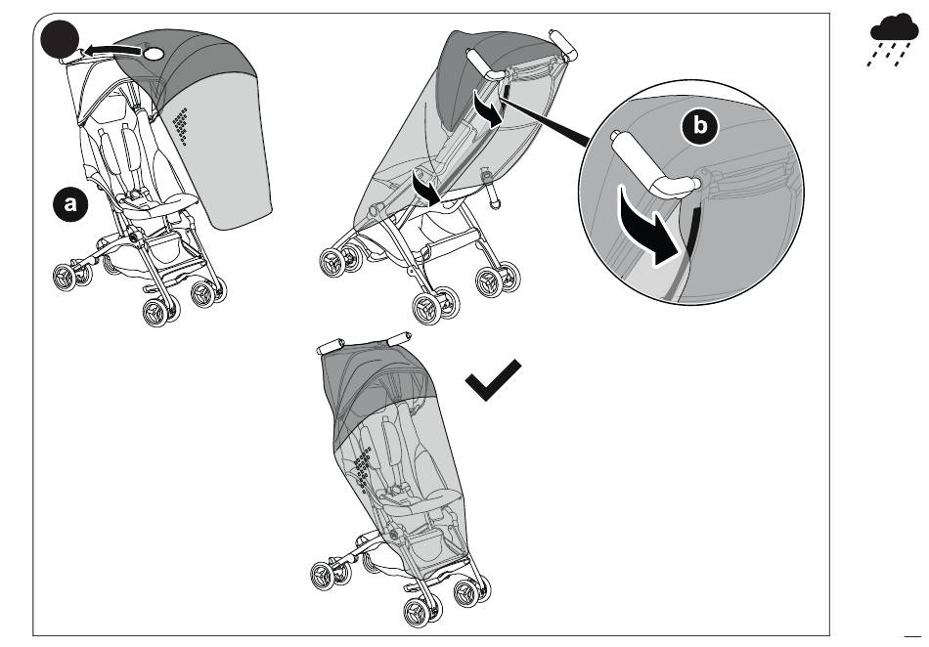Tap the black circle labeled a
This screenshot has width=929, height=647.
pyautogui.click(x=70, y=204)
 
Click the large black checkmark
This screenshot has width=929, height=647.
pyautogui.click(x=493, y=379)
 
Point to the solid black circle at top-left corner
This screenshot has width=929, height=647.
pyautogui.click(x=60, y=39)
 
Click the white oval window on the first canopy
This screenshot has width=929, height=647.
pyautogui.click(x=154, y=54)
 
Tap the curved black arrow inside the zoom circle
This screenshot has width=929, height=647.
pyautogui.click(x=647, y=226)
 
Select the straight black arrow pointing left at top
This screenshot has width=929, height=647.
pyautogui.click(x=111, y=50)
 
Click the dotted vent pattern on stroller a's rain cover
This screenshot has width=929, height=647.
pyautogui.click(x=181, y=125)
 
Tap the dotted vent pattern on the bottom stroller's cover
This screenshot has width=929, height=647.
pyautogui.click(x=362, y=467)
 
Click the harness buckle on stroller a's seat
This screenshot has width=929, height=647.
pyautogui.click(x=136, y=194)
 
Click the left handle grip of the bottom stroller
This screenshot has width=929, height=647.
pyautogui.click(x=331, y=346)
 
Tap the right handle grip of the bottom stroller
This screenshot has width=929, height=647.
pyautogui.click(x=399, y=338)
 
